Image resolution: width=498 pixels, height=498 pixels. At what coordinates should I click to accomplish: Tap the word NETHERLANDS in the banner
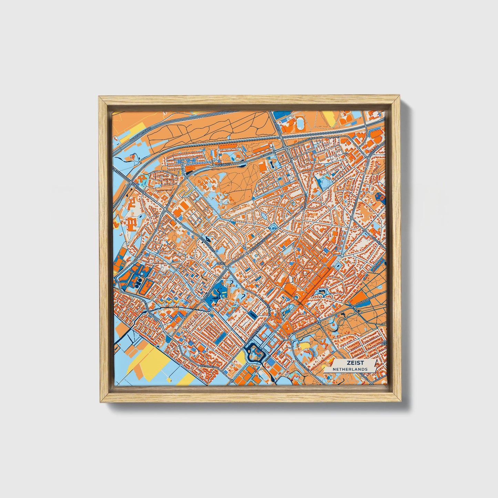click(350, 369)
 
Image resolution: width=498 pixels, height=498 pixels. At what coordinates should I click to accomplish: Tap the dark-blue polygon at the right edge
click(381, 197)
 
